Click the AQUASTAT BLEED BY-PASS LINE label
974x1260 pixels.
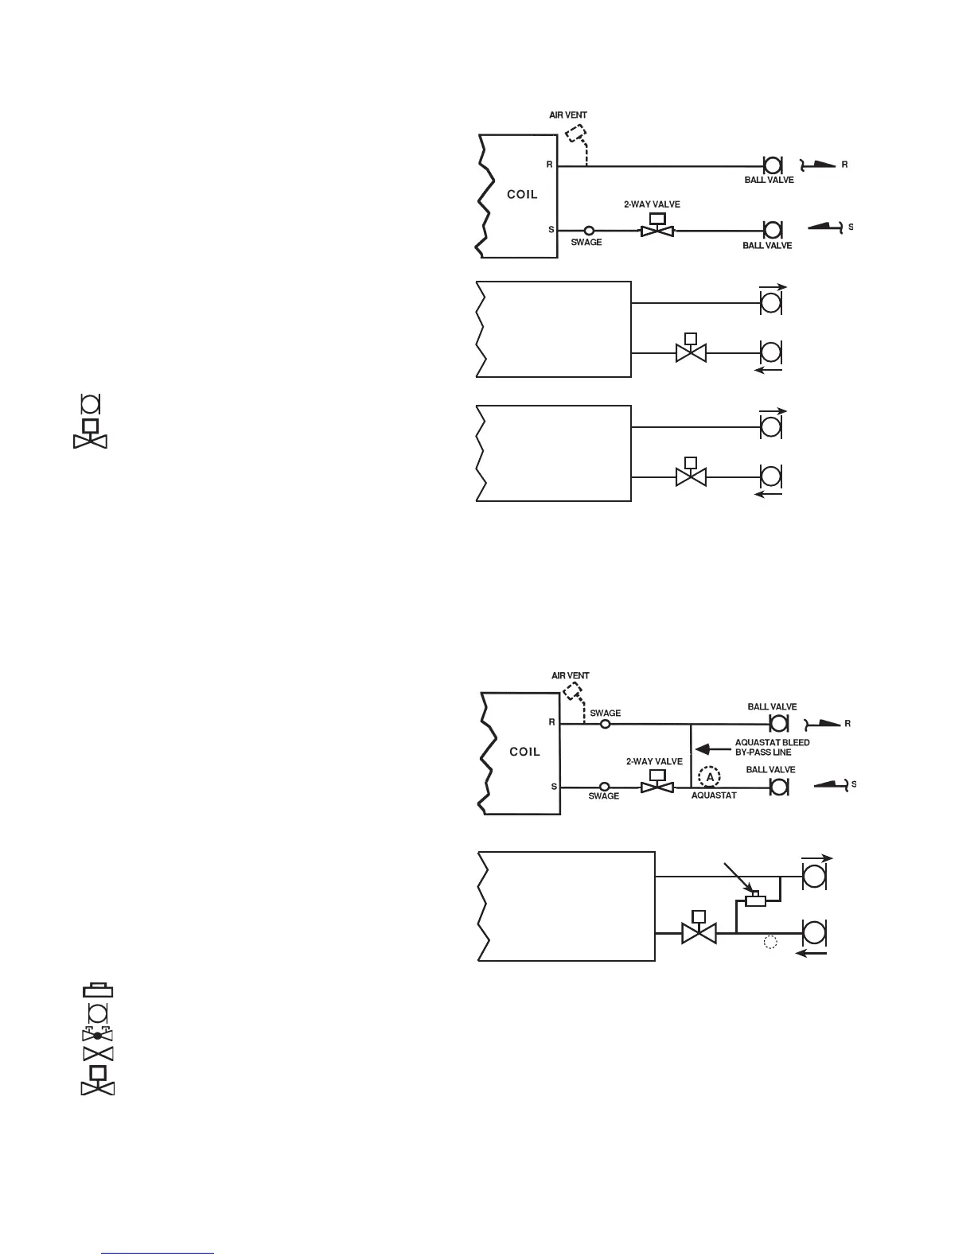[772, 747]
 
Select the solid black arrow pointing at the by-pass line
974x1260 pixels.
[710, 749]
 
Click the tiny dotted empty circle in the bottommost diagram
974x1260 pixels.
[769, 943]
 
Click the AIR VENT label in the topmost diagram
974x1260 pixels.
[568, 116]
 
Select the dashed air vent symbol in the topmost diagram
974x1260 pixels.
[576, 134]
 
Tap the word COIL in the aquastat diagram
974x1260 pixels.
[524, 752]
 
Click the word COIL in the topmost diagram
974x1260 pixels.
[523, 194]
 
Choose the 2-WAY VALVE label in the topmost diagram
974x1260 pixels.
[652, 205]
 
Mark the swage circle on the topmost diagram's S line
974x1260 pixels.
[589, 230]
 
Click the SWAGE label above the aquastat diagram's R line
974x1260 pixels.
[605, 714]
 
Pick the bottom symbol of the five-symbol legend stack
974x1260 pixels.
[98, 1081]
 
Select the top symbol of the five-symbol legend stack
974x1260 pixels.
[98, 991]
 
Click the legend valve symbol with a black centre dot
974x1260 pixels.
[98, 1035]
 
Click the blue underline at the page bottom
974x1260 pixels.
[158, 1254]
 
